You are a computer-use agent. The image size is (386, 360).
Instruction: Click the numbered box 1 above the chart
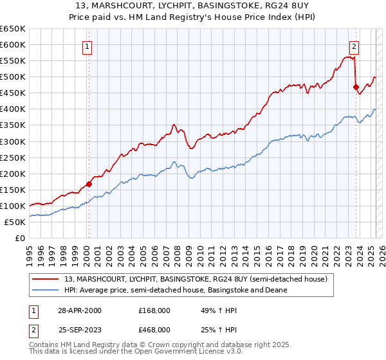click(87, 46)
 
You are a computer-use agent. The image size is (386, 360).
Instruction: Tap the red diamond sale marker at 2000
click(89, 184)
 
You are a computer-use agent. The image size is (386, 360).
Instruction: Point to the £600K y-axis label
click(13, 44)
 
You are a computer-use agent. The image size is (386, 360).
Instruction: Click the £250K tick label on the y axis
click(13, 157)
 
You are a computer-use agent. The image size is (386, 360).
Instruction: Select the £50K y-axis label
click(15, 222)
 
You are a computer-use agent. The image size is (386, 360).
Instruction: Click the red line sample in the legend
click(46, 279)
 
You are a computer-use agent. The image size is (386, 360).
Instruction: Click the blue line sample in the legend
click(46, 290)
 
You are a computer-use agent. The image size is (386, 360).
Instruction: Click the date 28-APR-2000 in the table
click(80, 310)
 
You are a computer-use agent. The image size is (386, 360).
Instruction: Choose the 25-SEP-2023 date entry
click(80, 329)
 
